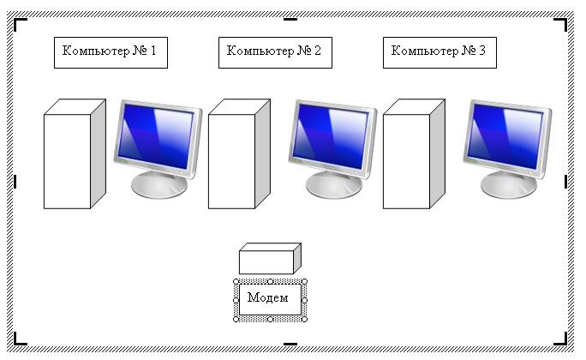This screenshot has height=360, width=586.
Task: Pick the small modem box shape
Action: (270, 258)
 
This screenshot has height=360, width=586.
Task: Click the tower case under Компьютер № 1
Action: (75, 153)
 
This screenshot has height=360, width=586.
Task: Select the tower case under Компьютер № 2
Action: (239, 153)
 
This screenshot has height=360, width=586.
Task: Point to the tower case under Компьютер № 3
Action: (414, 153)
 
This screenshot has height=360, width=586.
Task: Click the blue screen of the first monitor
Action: (156, 136)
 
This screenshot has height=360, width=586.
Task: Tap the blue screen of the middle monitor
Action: (331, 136)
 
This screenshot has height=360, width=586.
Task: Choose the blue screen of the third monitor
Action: (505, 136)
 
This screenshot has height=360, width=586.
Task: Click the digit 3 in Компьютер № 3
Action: (482, 50)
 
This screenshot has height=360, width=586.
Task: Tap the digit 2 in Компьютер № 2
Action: (318, 50)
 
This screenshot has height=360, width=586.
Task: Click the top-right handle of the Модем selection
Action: (305, 281)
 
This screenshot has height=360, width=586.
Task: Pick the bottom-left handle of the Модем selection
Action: (236, 319)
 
